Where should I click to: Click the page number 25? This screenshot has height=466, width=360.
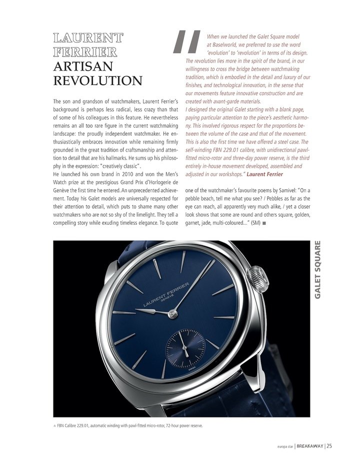pos(329,447)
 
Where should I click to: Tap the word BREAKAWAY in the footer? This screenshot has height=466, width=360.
pos(309,447)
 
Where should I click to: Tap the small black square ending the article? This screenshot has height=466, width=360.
pos(263,223)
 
